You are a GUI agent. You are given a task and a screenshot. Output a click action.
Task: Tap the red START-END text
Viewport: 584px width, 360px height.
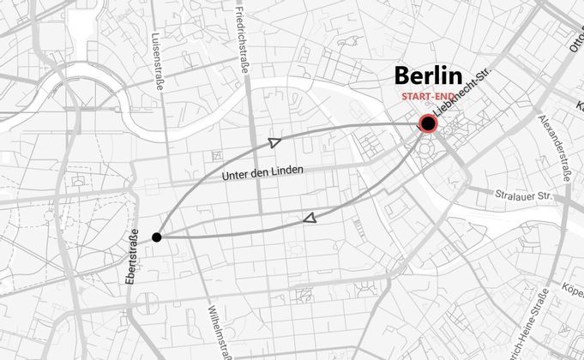tap(427, 97)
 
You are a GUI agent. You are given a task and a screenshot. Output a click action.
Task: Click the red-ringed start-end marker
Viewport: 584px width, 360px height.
tap(428, 124)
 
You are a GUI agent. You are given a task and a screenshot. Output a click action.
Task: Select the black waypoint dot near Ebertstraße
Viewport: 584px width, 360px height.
tap(157, 237)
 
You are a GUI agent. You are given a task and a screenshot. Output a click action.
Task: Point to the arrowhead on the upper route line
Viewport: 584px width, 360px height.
tap(274, 142)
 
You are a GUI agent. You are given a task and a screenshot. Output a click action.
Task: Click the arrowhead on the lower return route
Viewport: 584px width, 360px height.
tap(309, 219)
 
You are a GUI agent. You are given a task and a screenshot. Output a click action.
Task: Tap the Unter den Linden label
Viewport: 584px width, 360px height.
tap(262, 173)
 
